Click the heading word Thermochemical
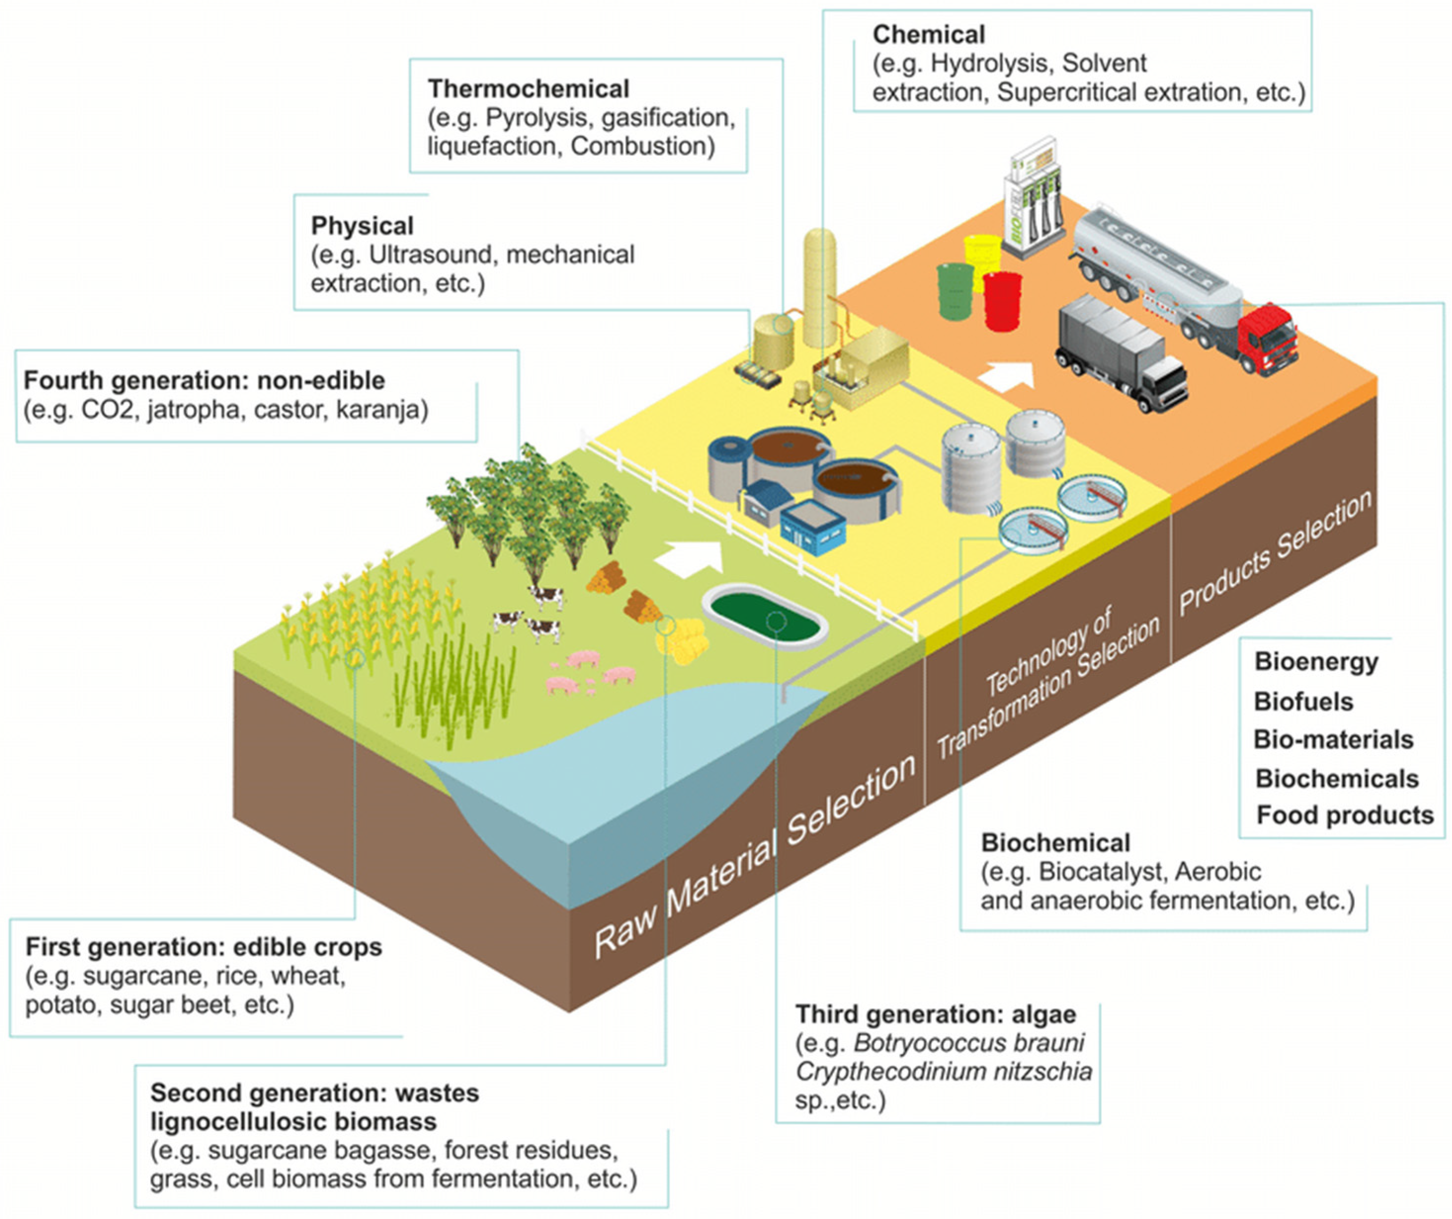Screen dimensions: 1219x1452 (528, 89)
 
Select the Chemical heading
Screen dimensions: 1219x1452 (928, 35)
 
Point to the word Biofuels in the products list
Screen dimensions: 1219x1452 (1303, 702)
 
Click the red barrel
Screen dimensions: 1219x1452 (1003, 301)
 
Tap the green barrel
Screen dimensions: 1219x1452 (956, 291)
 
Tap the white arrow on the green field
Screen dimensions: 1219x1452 (688, 557)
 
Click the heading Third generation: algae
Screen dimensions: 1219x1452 (935, 1015)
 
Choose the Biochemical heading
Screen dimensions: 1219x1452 (1055, 843)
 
